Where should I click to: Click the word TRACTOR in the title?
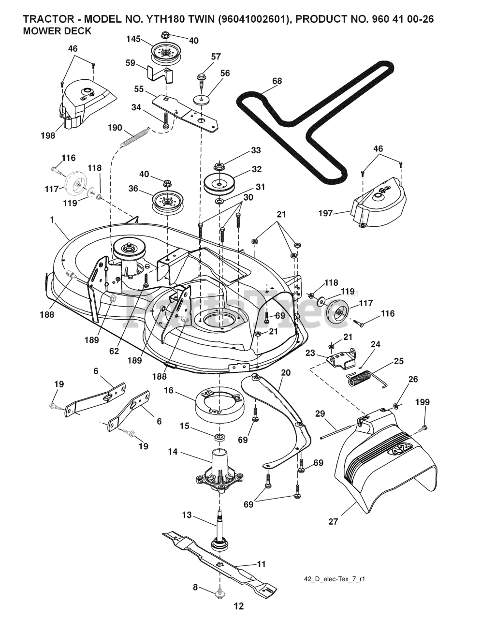45,20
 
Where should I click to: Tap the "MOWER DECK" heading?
57,31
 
